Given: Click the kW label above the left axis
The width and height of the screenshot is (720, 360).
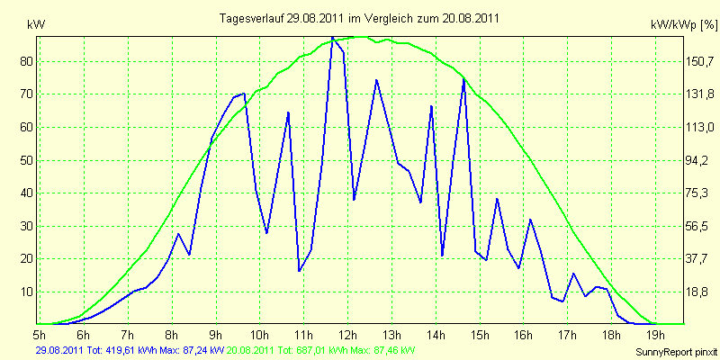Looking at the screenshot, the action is tap(36, 25).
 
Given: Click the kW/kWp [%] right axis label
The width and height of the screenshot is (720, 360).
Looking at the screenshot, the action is tap(683, 25).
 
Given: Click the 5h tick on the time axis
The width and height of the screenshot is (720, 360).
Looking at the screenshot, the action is tap(40, 333).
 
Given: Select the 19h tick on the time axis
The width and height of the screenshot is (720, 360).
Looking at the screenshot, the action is tap(655, 333).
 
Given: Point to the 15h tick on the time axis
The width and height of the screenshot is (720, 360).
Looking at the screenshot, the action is tap(480, 333).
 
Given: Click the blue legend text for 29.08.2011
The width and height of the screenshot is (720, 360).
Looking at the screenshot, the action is tap(130, 350).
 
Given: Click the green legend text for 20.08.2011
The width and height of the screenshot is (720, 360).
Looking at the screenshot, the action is tap(318, 350).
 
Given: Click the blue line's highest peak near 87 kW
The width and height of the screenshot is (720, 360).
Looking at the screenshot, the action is tap(332, 37).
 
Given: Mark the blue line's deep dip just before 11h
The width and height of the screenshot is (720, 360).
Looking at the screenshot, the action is tap(300, 271).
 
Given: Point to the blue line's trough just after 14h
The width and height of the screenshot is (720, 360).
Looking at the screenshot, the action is tap(442, 256).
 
